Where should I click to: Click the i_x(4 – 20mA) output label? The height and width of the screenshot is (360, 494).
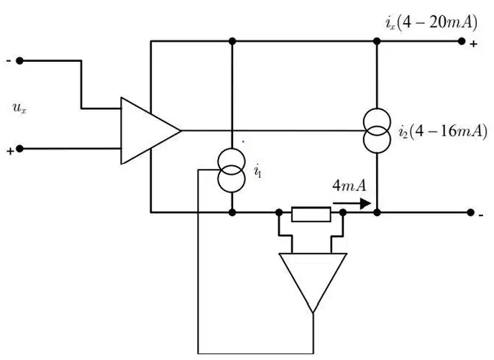click(431, 23)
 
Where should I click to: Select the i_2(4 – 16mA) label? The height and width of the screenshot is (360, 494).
click(443, 131)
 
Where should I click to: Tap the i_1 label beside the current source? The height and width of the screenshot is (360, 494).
click(257, 171)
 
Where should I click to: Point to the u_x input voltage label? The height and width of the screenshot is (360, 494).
click(19, 108)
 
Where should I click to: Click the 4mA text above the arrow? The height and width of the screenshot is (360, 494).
click(349, 185)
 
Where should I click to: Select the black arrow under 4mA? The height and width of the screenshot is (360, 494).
click(352, 203)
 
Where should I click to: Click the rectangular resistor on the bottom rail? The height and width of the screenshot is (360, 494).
click(311, 214)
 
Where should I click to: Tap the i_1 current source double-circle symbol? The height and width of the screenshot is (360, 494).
click(232, 170)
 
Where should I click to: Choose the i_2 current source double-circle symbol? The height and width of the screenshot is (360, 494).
click(377, 131)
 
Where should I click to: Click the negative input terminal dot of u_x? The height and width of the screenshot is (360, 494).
click(19, 61)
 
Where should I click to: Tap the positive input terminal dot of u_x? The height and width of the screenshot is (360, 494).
click(19, 149)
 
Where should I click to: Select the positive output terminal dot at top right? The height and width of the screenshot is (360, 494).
click(462, 41)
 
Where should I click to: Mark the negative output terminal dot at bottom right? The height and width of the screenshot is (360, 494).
click(470, 213)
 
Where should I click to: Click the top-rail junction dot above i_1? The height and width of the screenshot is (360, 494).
click(232, 41)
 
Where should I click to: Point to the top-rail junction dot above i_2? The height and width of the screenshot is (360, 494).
click(377, 41)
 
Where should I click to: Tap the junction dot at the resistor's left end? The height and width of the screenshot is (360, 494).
click(279, 213)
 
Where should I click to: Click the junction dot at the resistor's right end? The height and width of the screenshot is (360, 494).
click(343, 213)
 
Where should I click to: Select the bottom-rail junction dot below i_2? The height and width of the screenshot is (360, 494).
click(377, 213)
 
